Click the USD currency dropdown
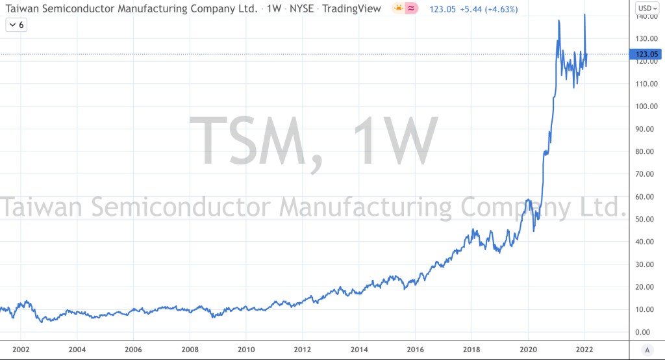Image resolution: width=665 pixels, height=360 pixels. click(x=646, y=8)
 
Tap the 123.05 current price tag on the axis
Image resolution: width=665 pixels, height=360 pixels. click(x=646, y=55)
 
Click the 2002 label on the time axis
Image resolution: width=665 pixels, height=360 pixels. click(x=21, y=348)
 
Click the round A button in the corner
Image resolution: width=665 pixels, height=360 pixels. click(x=646, y=349)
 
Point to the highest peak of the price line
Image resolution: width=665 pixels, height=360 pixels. click(x=585, y=14)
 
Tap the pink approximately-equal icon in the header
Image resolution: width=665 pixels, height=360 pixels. click(x=410, y=8)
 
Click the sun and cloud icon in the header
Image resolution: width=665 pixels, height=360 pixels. click(x=397, y=8)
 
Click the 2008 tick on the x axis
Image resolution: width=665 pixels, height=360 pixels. click(x=190, y=348)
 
